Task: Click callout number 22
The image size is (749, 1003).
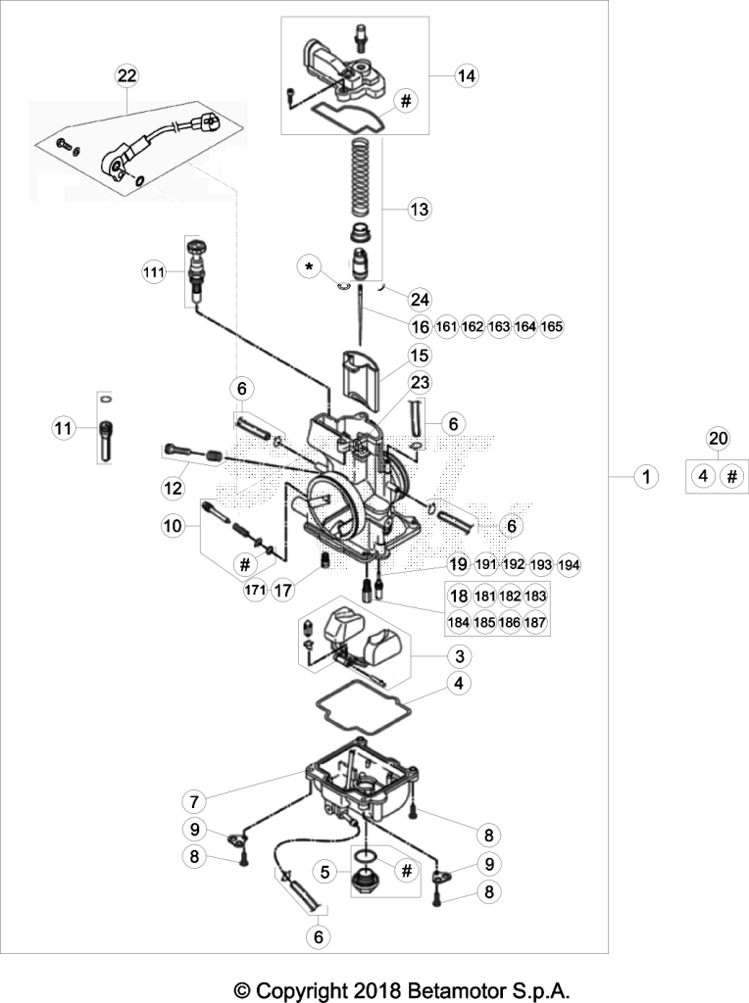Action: click(x=126, y=75)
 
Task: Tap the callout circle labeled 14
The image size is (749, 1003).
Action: click(x=467, y=75)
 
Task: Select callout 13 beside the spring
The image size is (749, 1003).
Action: click(x=420, y=210)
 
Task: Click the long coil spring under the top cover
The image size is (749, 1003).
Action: click(x=364, y=178)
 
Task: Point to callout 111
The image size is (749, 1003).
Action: click(x=154, y=272)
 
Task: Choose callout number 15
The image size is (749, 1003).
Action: click(x=420, y=355)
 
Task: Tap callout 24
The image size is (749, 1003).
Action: click(x=420, y=299)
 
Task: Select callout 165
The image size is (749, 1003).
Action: click(x=552, y=326)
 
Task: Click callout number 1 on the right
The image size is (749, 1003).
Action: click(x=646, y=476)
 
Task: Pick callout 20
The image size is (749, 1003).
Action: click(x=719, y=438)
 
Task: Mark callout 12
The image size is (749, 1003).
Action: click(x=173, y=488)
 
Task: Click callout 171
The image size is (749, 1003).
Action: click(x=255, y=590)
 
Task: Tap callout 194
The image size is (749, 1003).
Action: click(x=570, y=565)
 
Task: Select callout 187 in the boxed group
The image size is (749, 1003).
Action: click(x=535, y=622)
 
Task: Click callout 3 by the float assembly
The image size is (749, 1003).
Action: click(x=460, y=655)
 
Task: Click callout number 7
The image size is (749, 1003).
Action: click(x=193, y=800)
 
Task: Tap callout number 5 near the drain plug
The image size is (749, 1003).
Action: click(x=325, y=871)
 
